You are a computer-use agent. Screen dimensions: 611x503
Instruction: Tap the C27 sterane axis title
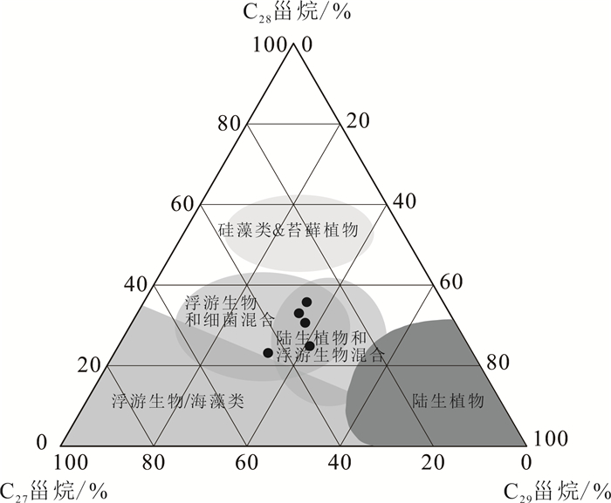(54, 489)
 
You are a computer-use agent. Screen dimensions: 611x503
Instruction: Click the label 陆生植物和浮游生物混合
(329, 346)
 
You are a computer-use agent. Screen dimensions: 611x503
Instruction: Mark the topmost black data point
(306, 302)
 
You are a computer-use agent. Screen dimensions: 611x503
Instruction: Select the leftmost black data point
(268, 352)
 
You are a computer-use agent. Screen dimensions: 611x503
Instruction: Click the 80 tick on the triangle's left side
(229, 122)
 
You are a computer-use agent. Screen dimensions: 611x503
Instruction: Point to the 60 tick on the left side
(182, 203)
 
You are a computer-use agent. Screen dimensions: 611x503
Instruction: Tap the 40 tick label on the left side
(135, 284)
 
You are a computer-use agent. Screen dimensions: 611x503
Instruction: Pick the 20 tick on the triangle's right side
(357, 122)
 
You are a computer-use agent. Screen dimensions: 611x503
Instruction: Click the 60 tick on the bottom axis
(247, 462)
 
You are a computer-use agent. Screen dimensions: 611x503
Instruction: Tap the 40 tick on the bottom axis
(340, 462)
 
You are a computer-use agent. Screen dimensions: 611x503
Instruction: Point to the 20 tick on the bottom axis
(433, 462)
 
